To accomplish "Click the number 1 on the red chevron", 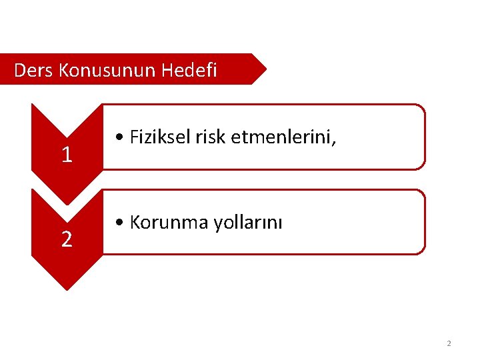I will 67,155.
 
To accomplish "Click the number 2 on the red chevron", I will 67,239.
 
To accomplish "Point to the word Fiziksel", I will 161,137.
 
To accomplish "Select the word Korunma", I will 169,223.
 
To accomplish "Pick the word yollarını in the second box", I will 248,223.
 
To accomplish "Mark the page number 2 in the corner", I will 449,343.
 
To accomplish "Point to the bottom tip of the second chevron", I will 67,288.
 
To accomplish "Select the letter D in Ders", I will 19,70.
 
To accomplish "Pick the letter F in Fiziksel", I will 134,137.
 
